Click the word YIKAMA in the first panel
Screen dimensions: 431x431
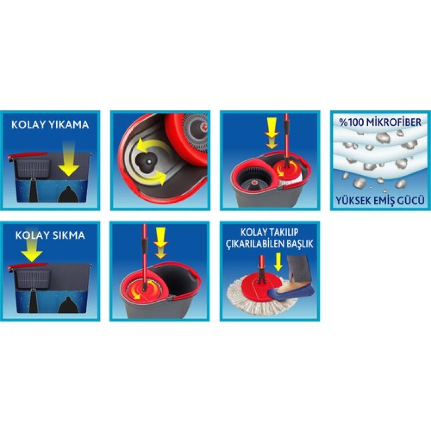pyautogui.click(x=69, y=124)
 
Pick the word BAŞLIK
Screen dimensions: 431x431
pyautogui.click(x=302, y=243)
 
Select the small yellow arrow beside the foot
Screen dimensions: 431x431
pyautogui.click(x=278, y=262)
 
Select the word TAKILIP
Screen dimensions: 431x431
pyautogui.click(x=284, y=232)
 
